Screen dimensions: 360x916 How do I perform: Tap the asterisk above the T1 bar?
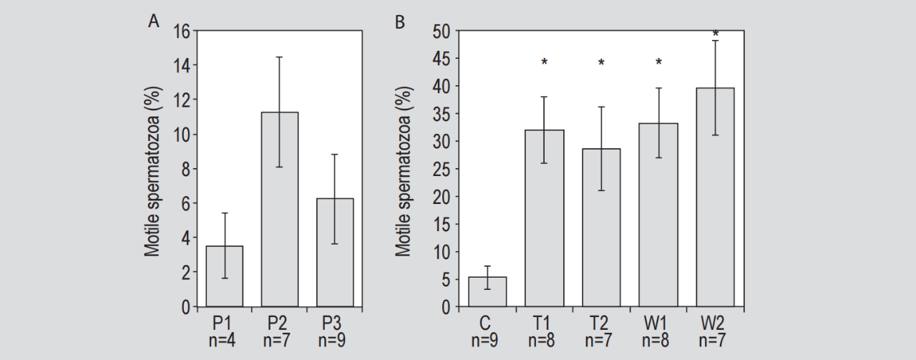pos(545,63)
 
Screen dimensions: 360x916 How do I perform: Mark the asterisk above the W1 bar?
pos(658,63)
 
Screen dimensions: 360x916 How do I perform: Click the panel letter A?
pos(153,21)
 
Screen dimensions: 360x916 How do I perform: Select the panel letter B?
pos(400,22)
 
